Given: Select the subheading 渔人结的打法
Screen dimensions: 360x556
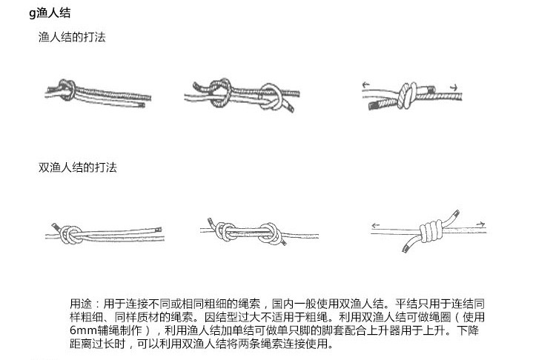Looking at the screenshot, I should [x=72, y=36].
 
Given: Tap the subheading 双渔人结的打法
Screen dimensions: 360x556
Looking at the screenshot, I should [x=78, y=167].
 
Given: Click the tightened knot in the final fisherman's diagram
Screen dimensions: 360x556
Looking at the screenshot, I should [x=408, y=93].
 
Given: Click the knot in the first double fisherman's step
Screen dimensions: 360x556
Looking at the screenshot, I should [x=72, y=233].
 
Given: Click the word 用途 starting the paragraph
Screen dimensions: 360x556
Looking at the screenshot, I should [x=80, y=304].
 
